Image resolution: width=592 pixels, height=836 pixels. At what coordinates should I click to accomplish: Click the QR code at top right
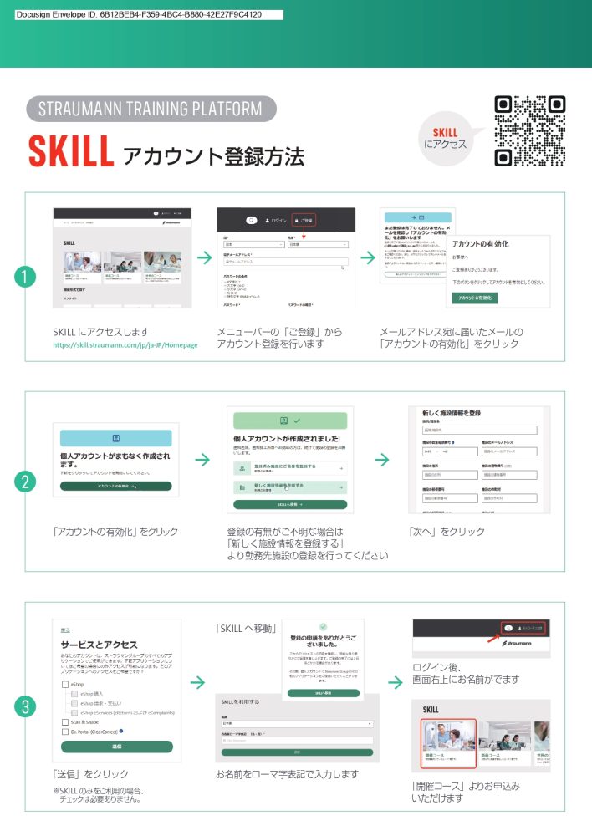(x=530, y=131)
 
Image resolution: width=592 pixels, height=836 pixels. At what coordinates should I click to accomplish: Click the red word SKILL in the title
(x=71, y=151)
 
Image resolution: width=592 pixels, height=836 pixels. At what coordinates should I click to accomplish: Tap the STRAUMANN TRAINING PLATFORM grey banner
(x=151, y=109)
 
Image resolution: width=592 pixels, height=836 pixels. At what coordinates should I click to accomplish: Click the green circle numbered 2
(x=26, y=482)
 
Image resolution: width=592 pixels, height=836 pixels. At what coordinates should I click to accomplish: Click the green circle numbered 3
(x=26, y=706)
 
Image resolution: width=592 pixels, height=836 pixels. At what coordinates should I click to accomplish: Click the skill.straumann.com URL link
(x=125, y=344)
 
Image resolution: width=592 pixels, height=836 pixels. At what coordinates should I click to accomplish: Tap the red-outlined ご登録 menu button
(x=303, y=220)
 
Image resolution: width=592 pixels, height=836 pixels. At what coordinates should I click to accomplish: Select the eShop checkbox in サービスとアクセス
(x=66, y=683)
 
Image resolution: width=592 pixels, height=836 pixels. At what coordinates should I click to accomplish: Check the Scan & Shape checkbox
(x=66, y=721)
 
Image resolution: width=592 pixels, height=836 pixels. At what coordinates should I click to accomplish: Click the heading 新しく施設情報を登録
(x=452, y=414)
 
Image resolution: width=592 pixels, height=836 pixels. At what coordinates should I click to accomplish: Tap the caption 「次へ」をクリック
(x=447, y=532)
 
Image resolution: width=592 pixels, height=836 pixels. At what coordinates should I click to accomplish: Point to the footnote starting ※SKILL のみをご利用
(x=99, y=795)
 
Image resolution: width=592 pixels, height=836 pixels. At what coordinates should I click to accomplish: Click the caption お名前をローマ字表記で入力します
(x=287, y=774)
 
